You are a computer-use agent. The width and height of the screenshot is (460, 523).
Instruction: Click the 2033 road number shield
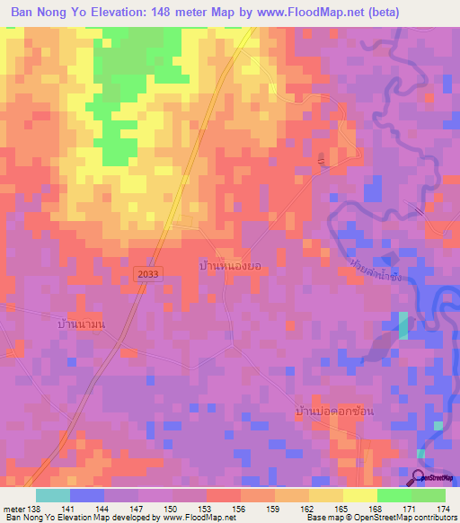(x=149, y=272)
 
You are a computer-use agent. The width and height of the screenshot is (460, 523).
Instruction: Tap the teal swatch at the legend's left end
(x=52, y=495)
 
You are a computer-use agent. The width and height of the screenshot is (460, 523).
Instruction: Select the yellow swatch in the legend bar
(x=359, y=495)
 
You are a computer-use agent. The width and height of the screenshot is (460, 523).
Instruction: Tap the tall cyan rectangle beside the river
(x=402, y=325)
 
